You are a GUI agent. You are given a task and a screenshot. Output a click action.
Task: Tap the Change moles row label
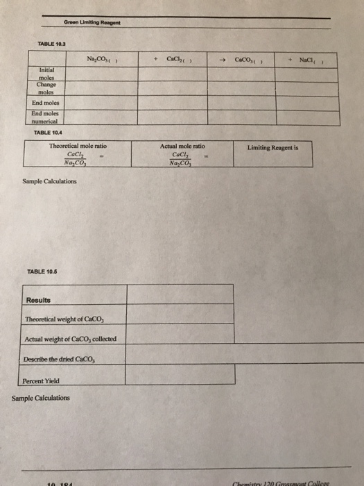[x=43, y=89]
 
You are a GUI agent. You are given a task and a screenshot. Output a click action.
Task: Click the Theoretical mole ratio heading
[x=78, y=146]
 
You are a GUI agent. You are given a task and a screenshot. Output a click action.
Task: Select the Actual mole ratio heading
[x=182, y=146]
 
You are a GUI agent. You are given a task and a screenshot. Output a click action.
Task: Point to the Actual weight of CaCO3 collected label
[x=71, y=339]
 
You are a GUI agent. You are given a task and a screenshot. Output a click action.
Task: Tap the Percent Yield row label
[x=42, y=381]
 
